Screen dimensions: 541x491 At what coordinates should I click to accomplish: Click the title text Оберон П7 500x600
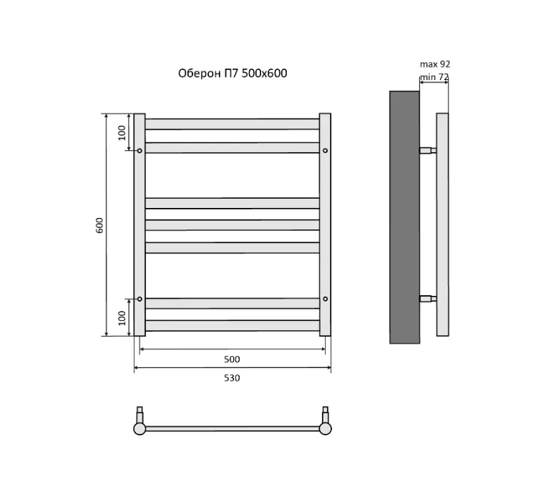233,74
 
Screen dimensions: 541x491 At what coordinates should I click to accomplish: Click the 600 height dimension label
99,225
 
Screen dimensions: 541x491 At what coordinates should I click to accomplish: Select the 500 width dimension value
232,359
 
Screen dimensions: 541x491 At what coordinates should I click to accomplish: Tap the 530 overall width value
232,378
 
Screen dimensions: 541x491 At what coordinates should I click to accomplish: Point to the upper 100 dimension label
122,133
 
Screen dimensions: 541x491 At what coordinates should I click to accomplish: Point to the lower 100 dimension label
122,318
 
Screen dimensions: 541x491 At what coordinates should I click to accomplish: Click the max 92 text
435,64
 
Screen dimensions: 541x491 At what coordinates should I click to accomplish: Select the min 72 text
434,77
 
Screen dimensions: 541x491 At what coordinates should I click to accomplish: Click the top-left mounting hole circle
140,151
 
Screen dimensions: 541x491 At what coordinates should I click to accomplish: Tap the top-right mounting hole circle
325,151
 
